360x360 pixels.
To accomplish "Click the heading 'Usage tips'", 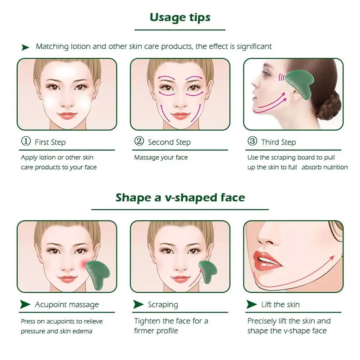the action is coord(180,18).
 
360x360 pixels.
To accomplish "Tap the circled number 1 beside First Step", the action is coord(26,141).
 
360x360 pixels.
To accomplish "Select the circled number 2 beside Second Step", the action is coord(139,141).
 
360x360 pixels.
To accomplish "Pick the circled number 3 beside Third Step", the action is coord(252,141).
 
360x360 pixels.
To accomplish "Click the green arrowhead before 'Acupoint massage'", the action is coord(25,305).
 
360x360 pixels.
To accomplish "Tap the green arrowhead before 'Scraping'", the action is coord(138,305).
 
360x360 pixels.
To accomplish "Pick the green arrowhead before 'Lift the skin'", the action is coord(251,305).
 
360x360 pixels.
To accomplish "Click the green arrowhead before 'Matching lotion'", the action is coord(25,47).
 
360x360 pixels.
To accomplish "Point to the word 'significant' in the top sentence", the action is coord(254,47).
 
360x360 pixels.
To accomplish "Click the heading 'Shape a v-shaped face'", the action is coord(180,198).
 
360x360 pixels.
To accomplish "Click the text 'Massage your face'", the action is coord(161,158).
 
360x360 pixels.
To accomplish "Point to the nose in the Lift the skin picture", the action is coord(266,237).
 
